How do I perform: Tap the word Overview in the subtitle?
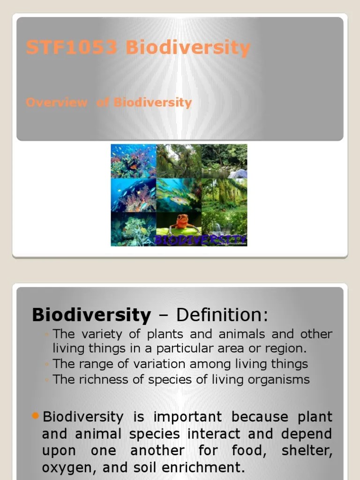click(56, 102)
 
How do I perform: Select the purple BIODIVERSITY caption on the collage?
click(201, 240)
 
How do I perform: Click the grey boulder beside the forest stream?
click(238, 173)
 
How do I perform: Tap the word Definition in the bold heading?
click(222, 315)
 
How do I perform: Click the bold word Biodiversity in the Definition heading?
click(91, 315)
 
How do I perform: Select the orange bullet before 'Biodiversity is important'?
click(36, 415)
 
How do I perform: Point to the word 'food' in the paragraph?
click(247, 450)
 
